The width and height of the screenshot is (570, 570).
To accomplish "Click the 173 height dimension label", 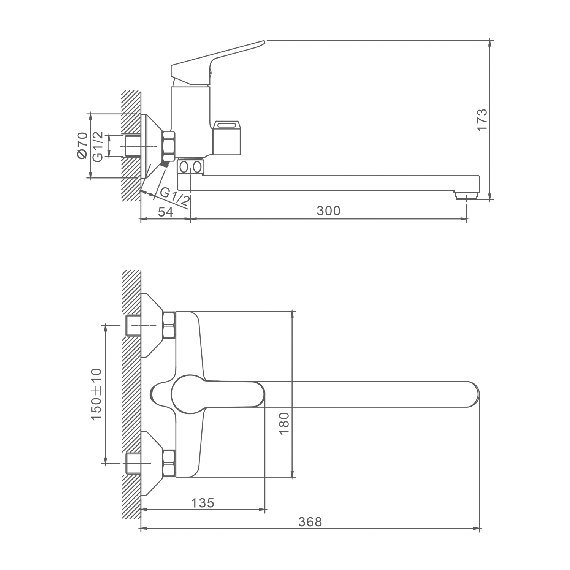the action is (x=482, y=120).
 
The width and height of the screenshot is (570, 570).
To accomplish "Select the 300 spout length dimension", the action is (x=329, y=211).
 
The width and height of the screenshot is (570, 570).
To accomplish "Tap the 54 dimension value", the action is (x=165, y=212).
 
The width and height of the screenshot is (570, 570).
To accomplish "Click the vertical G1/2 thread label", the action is (x=98, y=147).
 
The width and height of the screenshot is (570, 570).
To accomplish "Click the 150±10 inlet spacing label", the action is (x=97, y=394).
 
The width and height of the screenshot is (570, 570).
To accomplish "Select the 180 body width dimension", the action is (x=284, y=423).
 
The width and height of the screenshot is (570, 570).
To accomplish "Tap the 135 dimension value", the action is (x=203, y=503).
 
